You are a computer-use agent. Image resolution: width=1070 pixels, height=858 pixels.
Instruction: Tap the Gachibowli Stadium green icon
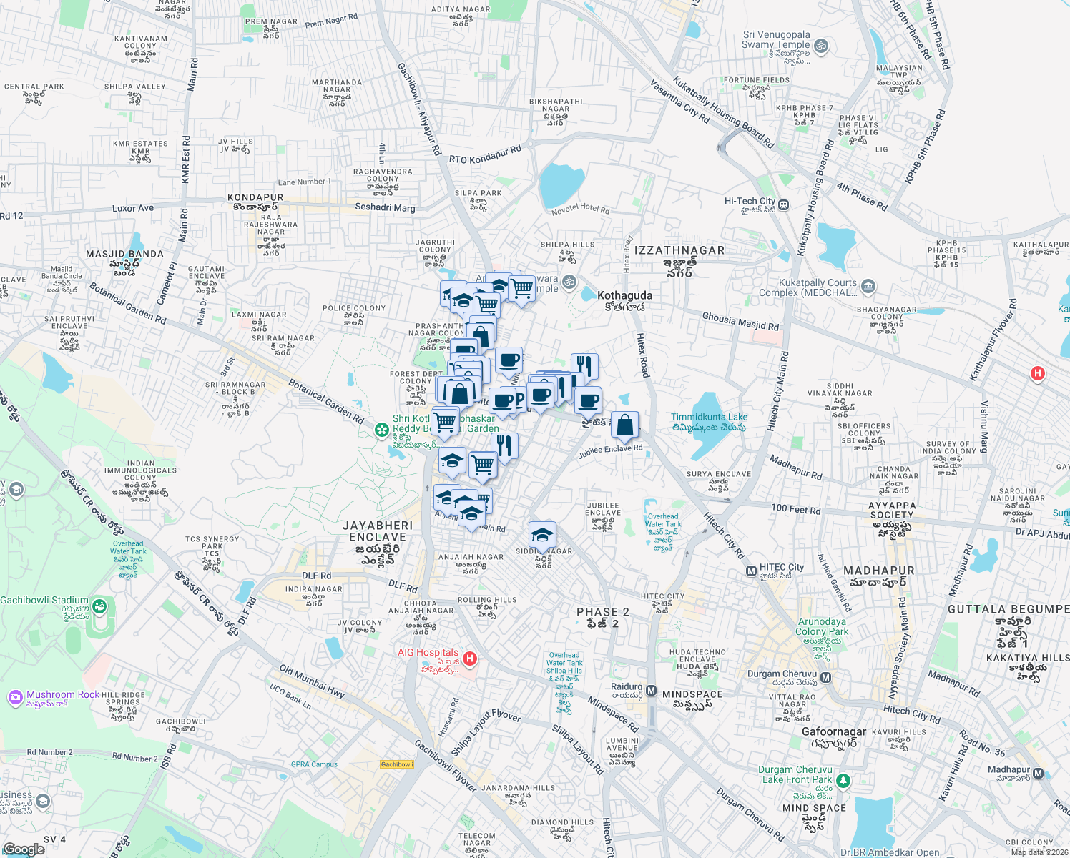coord(99,608)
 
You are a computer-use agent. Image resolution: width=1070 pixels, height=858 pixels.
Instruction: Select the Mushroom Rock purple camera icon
coord(15,696)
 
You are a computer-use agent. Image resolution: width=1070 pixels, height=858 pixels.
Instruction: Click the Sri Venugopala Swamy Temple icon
coord(821,46)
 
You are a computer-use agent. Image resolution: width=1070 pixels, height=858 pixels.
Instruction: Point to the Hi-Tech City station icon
coord(784,205)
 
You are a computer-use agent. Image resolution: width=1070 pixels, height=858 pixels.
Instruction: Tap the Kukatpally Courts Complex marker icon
coord(868,287)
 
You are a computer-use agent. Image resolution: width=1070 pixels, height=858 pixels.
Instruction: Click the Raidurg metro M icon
coord(651,690)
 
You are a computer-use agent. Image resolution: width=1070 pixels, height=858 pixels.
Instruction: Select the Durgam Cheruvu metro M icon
coord(826,677)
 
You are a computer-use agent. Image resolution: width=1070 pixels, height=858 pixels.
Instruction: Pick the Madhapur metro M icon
coord(1038,773)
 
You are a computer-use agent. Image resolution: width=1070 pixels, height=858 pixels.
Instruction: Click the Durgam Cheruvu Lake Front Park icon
coord(843,780)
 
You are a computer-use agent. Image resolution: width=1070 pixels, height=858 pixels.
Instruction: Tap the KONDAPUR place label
coord(255,197)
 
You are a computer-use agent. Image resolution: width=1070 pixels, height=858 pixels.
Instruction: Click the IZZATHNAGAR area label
coord(679,250)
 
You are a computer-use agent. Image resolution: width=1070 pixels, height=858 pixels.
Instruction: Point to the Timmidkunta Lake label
coord(709,417)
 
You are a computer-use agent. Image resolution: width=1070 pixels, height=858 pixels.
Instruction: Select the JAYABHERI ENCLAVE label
coord(378,531)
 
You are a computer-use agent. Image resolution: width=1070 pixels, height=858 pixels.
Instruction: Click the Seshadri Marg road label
coord(385,207)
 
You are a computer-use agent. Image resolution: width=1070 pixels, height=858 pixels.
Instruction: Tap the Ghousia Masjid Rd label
coord(740,322)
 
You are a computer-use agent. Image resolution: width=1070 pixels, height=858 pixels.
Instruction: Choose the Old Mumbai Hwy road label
coord(312,681)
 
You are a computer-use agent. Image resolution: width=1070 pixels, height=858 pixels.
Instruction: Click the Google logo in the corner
coord(24,849)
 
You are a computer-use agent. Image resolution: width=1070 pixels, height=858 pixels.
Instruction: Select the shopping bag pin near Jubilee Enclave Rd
coord(624,424)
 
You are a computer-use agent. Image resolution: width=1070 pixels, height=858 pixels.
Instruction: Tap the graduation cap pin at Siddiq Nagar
coord(542,535)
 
